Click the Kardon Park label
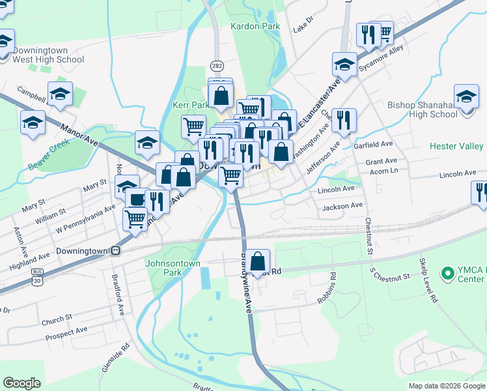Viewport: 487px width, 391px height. (255, 27)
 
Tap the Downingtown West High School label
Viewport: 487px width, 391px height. (48, 55)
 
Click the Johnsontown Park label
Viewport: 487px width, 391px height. (171, 269)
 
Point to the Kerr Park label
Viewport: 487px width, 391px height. (190, 105)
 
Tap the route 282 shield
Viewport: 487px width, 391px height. (217, 66)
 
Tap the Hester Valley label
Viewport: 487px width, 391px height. (456, 147)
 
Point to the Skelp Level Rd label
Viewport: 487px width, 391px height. (428, 280)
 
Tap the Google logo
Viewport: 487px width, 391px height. (21, 383)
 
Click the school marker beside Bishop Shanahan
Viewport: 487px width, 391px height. (466, 97)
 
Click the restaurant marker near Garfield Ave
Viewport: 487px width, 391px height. (344, 121)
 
